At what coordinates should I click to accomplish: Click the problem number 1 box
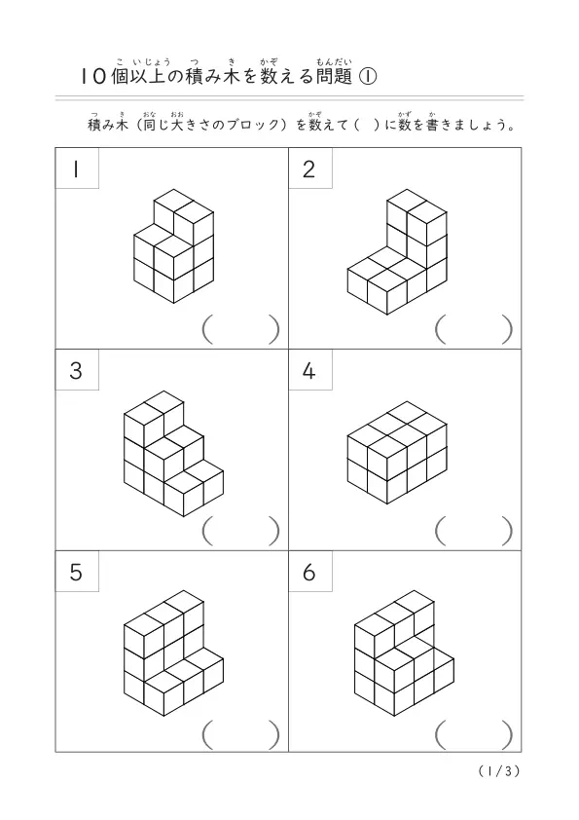77,168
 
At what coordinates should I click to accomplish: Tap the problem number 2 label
309,168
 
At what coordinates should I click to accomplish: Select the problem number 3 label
77,370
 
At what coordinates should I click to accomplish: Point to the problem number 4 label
309,370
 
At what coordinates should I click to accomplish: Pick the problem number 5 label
77,571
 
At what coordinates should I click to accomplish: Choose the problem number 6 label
309,571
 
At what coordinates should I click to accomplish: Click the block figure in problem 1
174,246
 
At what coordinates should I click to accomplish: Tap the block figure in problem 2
397,252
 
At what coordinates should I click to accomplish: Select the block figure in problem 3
173,454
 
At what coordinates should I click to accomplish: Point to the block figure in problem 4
397,453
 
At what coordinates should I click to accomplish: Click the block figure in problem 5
173,653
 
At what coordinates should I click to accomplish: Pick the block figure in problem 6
404,653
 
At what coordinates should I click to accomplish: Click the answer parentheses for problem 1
241,329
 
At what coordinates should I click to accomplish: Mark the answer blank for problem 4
474,531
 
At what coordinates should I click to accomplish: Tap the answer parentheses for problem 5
241,734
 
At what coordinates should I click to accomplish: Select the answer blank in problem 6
474,734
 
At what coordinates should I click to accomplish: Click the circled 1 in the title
368,77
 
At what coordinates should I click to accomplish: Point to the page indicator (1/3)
499,771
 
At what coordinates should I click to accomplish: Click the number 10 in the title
94,77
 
